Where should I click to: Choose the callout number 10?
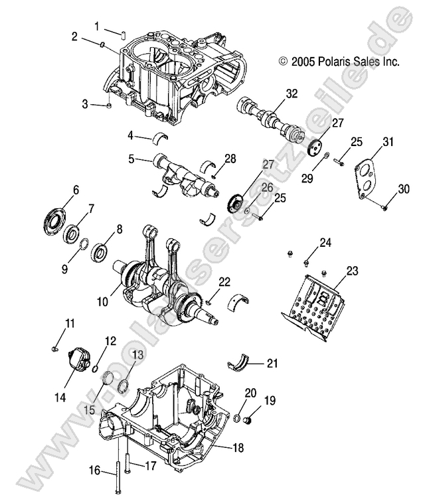102,301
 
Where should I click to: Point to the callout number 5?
131,159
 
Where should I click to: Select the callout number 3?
85,104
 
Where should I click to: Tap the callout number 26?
266,188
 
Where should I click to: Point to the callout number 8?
119,230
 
